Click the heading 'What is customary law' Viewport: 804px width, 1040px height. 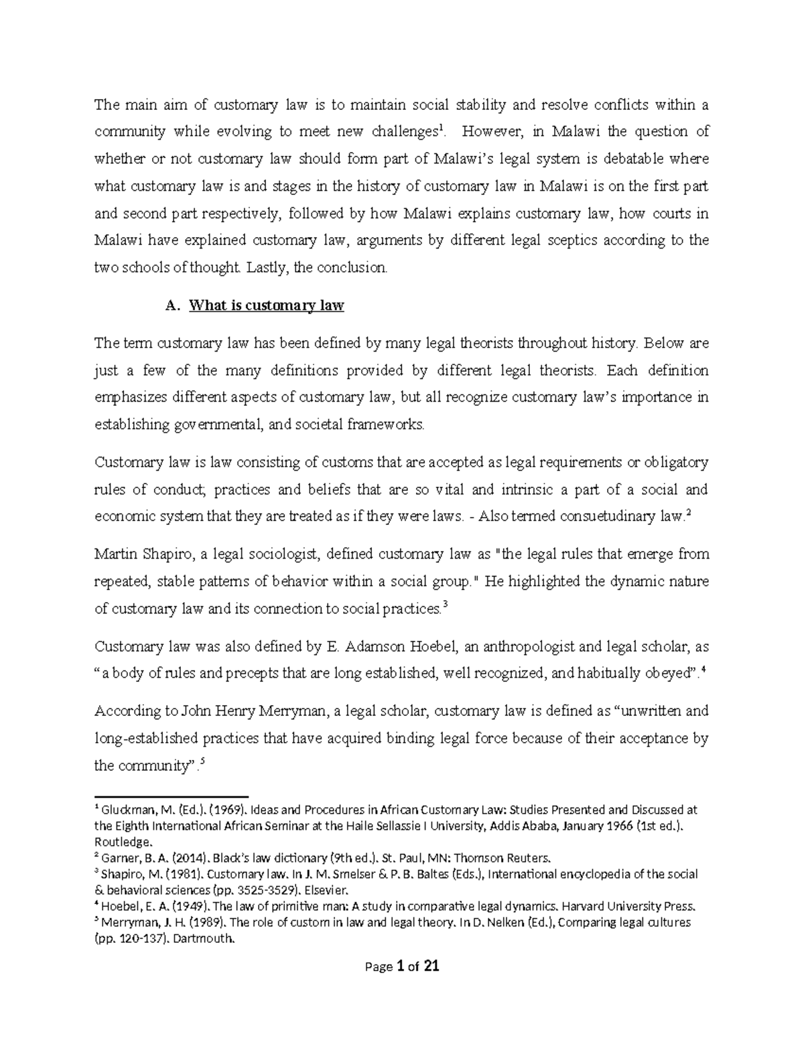[267, 306]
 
